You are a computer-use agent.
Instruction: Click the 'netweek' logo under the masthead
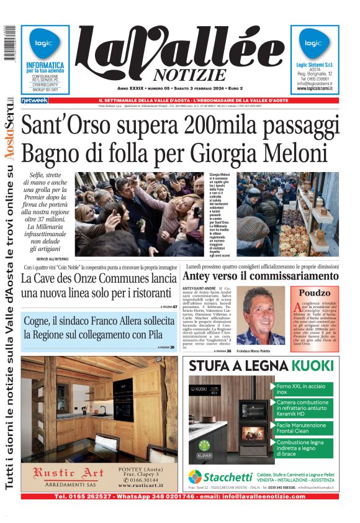(34, 101)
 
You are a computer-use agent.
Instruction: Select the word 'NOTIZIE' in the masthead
(181, 75)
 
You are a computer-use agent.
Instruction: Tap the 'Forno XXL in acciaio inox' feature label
(301, 389)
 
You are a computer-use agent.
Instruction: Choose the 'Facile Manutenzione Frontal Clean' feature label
(301, 429)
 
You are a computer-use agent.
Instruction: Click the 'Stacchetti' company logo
(212, 476)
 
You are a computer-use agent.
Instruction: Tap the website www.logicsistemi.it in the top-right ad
(315, 89)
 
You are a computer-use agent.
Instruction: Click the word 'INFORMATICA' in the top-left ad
(45, 65)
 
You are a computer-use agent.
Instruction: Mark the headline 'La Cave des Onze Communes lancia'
(99, 278)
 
